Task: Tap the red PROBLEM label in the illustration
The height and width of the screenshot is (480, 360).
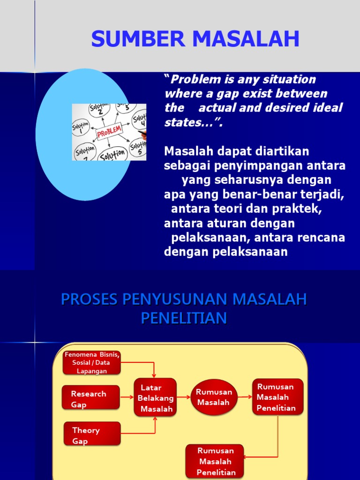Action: [x=109, y=131]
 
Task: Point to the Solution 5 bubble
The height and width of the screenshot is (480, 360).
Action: [x=139, y=148]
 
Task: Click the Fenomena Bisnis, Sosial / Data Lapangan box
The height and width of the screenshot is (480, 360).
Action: [x=92, y=362]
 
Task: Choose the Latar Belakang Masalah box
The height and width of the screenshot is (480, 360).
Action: [x=156, y=397]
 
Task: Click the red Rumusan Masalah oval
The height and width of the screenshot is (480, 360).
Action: [x=214, y=397]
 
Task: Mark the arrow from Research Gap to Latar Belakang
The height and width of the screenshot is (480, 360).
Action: [x=127, y=397]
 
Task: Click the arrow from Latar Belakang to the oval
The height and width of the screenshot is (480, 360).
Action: [x=184, y=397]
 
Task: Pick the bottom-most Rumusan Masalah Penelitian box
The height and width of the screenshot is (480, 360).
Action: [x=215, y=461]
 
